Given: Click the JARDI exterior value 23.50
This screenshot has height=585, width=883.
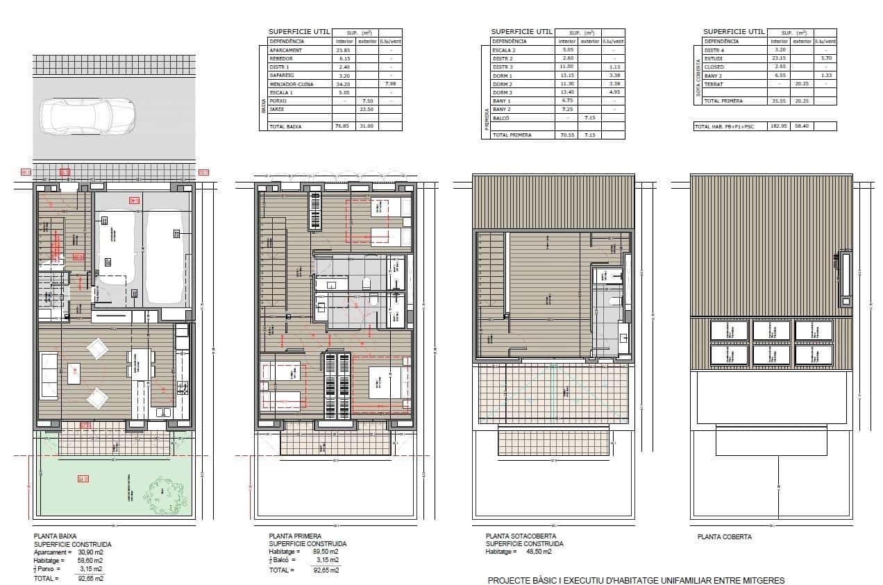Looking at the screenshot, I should (x=367, y=109).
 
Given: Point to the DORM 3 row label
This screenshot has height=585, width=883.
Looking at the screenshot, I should (x=502, y=92).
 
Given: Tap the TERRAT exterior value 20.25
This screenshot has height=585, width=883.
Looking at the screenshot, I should (x=802, y=84).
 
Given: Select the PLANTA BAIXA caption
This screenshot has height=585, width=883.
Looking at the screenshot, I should (x=55, y=536).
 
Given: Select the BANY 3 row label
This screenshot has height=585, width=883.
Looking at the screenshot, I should (x=714, y=76).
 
